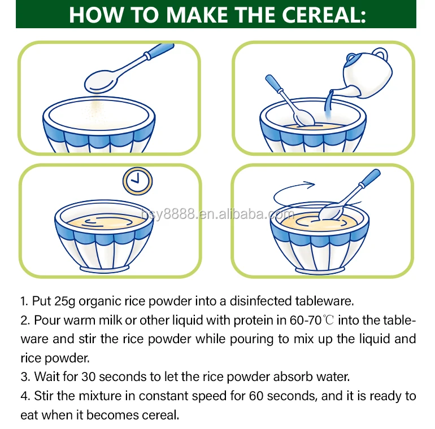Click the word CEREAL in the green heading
coord(324,15)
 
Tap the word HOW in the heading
coord(96,15)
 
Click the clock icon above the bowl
coord(138,181)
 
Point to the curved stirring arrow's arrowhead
coord(310,184)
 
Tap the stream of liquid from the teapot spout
coord(329,103)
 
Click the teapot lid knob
coord(351,58)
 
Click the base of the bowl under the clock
coord(105,269)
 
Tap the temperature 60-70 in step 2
coord(306,321)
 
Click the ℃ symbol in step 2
coord(328,320)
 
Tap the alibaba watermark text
coord(217,214)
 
